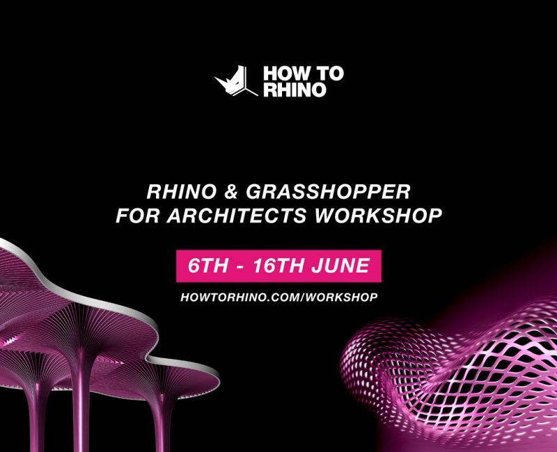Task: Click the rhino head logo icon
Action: pos(235,81)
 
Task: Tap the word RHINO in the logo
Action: pos(295,90)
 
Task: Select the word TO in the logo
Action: pos(329,73)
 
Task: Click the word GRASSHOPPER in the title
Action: pos(328,192)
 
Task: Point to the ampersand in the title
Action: pos(231,192)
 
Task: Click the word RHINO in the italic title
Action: pos(182,192)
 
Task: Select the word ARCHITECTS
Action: pos(236,216)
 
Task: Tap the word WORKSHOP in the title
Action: pos(379,216)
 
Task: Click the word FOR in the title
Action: pos(137,216)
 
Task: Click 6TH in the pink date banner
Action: pos(207,266)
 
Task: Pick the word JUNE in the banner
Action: pos(341,266)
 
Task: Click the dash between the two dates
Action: pos(240,267)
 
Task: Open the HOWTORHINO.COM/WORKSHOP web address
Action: pos(279,298)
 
